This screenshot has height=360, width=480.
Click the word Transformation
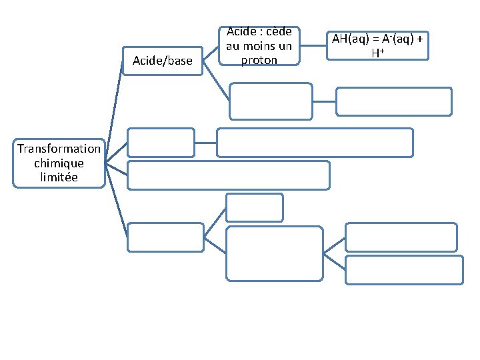[x=59, y=148]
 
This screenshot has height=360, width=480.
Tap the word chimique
[x=59, y=163]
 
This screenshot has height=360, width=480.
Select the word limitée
[x=59, y=177]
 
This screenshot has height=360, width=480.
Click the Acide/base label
[x=162, y=61]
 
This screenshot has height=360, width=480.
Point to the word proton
[x=260, y=60]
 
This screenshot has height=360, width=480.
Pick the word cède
[x=279, y=32]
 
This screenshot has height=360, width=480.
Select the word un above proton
[x=285, y=46]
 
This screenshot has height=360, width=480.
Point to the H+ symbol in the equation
[x=376, y=52]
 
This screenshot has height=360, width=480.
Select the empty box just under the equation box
[x=393, y=101]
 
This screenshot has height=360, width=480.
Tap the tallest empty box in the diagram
[x=275, y=253]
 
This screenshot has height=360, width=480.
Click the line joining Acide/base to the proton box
[x=211, y=56]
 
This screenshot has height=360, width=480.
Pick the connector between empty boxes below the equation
[x=324, y=101]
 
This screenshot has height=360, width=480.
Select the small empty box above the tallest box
[x=255, y=207]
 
